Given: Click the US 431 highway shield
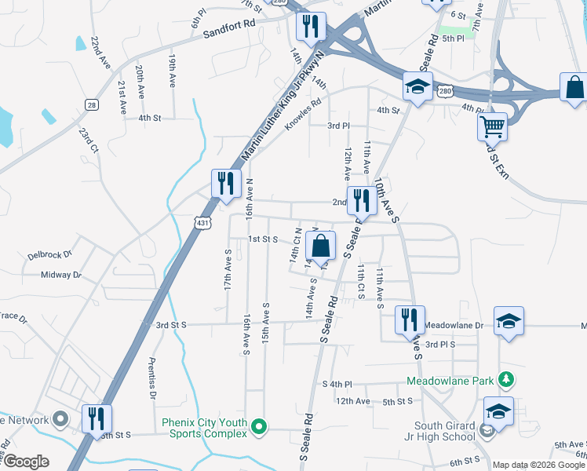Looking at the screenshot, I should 203,224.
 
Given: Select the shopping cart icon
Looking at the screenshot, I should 493,126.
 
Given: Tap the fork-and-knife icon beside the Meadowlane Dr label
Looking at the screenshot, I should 409,319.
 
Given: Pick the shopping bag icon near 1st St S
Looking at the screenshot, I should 320,246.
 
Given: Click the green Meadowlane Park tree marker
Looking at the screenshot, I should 506,381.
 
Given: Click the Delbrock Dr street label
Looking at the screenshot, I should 49,255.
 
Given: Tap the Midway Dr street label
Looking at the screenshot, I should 60,275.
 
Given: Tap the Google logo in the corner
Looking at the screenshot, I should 26,462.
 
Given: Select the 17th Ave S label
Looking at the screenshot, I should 228,271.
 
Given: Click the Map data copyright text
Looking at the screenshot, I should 538,465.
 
